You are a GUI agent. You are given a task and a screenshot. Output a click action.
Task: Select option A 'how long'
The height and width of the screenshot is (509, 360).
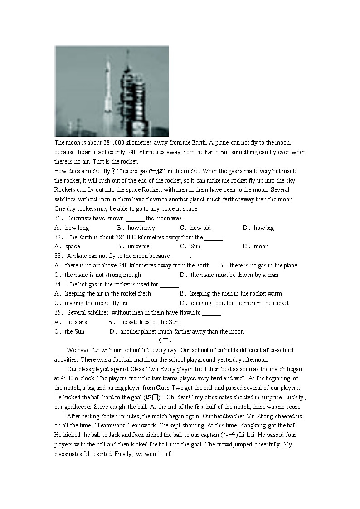tap(77, 228)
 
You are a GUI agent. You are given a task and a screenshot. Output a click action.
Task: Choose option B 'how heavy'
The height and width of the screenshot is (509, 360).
tap(141, 228)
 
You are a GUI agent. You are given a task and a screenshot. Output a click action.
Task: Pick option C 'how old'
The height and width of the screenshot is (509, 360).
tap(200, 228)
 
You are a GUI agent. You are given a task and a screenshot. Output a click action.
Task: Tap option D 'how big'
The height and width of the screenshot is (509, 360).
tap(263, 228)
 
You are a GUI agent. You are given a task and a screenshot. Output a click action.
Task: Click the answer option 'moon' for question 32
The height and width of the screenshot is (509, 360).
tap(261, 247)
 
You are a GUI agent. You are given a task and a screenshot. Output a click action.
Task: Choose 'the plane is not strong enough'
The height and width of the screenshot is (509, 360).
tap(102, 275)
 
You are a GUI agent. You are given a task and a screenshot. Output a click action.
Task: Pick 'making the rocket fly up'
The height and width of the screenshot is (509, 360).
tap(96, 303)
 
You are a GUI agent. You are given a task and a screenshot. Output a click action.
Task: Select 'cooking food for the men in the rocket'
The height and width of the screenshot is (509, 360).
tap(239, 303)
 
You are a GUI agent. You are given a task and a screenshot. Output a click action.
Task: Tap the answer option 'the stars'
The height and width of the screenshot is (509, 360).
tap(76, 322)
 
